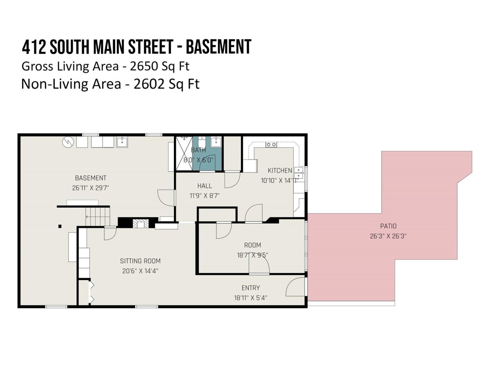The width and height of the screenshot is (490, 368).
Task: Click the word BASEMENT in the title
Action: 218,47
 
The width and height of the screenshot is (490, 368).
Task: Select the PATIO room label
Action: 388,226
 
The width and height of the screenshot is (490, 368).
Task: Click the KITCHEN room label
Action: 280,171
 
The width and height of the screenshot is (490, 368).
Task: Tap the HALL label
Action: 205,186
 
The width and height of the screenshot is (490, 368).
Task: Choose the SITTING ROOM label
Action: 140,261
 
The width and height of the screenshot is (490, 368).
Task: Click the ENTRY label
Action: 250,288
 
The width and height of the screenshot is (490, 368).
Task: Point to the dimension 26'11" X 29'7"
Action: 90,188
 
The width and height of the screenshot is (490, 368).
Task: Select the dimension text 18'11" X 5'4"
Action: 250,298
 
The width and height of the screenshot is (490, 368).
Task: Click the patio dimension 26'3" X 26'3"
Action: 388,236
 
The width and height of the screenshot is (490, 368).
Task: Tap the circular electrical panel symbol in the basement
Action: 68,142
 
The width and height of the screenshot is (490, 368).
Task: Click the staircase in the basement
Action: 98,216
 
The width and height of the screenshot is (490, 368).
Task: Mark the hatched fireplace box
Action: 140,223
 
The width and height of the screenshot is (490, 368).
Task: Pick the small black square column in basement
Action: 60,227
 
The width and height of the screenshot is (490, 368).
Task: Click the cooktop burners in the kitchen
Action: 271,145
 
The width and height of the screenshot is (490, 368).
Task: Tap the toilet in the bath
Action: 202,143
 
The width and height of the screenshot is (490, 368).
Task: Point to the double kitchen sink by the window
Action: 298,173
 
